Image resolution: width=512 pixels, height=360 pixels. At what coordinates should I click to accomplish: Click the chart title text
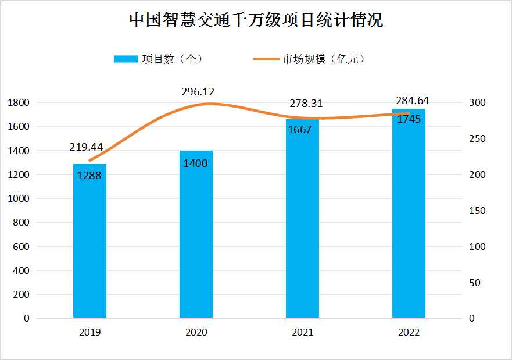pyautogui.click(x=256, y=21)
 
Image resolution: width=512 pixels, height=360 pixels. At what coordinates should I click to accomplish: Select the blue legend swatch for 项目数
pyautogui.click(x=126, y=59)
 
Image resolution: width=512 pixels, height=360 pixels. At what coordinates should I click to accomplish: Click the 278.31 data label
pyautogui.click(x=306, y=104)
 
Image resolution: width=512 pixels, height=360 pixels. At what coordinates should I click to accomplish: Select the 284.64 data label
pyautogui.click(x=412, y=100)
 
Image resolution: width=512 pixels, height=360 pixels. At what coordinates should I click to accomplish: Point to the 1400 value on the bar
pyautogui.click(x=195, y=163)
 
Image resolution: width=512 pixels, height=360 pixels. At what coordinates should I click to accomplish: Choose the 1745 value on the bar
pyautogui.click(x=409, y=119)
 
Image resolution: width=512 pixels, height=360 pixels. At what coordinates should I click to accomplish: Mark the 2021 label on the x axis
pyautogui.click(x=302, y=333)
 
